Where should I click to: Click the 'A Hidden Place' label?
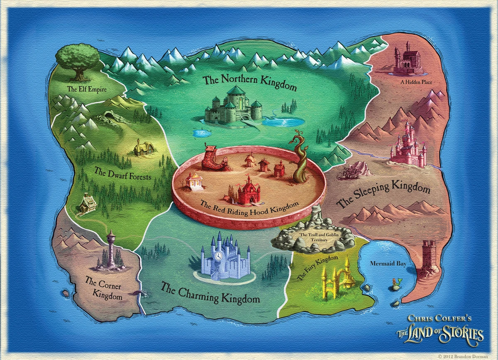pyautogui.click(x=416, y=82)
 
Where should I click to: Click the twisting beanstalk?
pyautogui.click(x=301, y=158)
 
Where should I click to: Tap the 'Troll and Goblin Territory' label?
pyautogui.click(x=314, y=237)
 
